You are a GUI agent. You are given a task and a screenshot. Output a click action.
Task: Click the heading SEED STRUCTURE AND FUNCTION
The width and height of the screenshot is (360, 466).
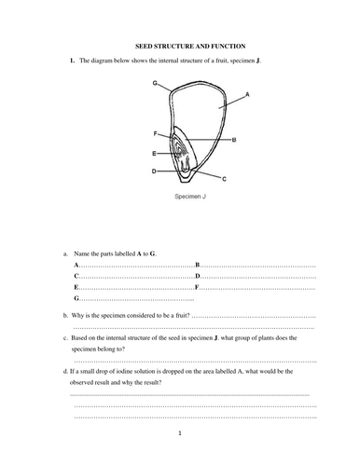coord(190,47)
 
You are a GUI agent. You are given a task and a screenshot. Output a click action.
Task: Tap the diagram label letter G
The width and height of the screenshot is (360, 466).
coord(155,83)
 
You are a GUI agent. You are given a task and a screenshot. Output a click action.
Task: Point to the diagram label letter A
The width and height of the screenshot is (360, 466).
coord(247,94)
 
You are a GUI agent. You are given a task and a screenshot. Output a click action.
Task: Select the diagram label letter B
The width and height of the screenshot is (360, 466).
coord(234,140)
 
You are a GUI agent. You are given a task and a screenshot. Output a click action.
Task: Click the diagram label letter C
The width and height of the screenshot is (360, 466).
coord(224,179)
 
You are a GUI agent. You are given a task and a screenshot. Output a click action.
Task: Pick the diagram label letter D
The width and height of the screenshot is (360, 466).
coord(154,171)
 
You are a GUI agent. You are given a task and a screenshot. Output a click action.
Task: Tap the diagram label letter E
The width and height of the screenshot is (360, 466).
coord(154,154)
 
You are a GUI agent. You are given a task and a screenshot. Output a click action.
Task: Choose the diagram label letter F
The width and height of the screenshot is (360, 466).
coord(156,134)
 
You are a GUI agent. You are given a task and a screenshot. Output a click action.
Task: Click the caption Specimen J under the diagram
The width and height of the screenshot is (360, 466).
coord(190,197)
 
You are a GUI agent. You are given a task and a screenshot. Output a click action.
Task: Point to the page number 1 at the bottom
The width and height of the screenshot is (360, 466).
coord(180,433)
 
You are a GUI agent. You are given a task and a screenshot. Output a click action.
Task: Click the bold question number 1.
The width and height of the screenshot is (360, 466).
coord(72,61)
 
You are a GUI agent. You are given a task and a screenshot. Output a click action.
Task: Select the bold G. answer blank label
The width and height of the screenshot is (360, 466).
coord(76,298)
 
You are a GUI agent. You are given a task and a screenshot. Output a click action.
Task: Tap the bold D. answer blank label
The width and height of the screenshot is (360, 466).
coord(198,276)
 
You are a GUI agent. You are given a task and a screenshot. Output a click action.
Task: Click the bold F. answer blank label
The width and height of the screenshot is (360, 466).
coord(197,287)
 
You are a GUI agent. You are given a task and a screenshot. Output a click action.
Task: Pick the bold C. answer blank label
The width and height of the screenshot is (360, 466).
coord(76,276)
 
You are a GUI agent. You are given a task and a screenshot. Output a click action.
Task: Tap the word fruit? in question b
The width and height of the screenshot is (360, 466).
coord(183,315)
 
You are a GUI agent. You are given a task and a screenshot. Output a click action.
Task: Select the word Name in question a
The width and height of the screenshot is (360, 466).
coord(82,254)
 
